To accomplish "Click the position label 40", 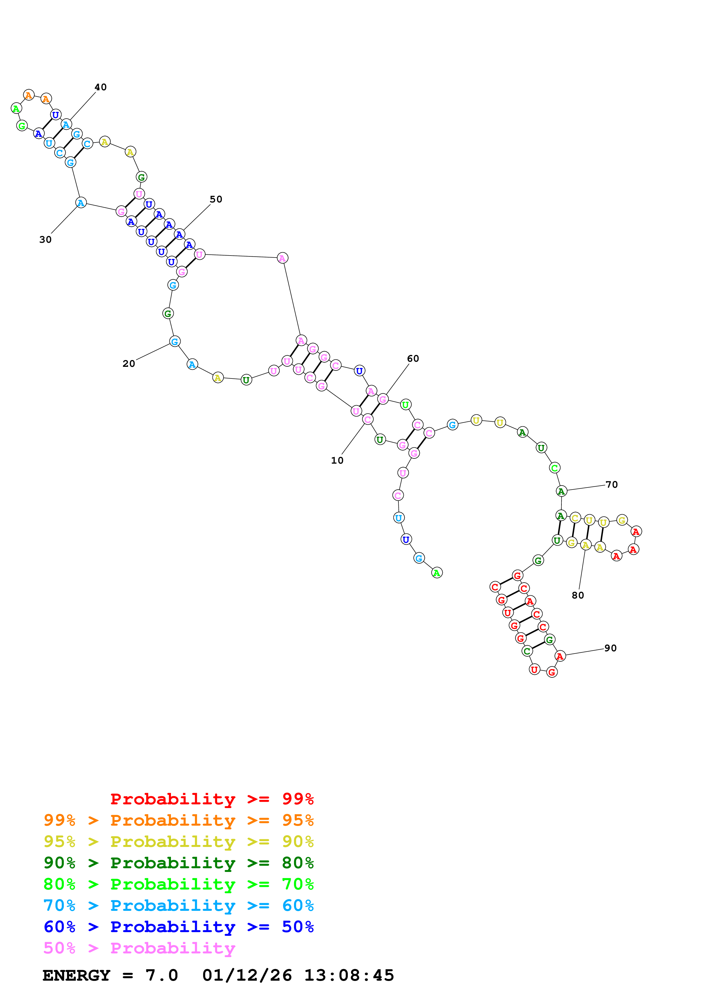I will click(101, 87).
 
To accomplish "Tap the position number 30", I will click(45, 239).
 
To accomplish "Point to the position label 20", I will click(129, 363).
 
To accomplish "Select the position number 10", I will click(337, 460).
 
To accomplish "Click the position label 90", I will click(610, 648).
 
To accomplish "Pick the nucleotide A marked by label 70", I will click(561, 491).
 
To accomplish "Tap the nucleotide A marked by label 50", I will click(179, 234).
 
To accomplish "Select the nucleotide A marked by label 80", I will click(586, 545).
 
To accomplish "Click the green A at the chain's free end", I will click(437, 573).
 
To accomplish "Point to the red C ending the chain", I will click(495, 587).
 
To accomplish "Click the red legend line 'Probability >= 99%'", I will click(212, 799).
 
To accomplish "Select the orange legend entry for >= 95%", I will click(179, 820).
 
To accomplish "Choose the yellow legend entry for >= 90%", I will click(179, 842).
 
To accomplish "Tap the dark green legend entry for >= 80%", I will click(179, 863).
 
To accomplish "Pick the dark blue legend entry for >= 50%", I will click(179, 927).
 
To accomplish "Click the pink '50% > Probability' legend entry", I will click(139, 948).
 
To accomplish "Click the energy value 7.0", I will click(161, 975).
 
